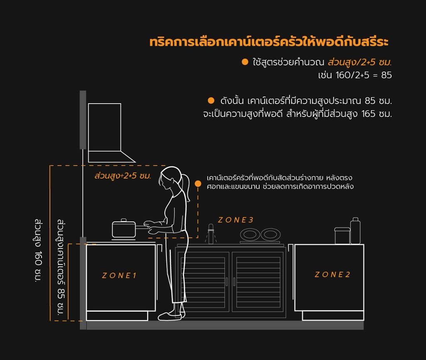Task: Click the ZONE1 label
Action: point(119,276)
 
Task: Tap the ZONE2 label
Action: point(332,275)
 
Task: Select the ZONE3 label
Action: point(235,220)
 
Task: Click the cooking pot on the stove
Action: point(124,229)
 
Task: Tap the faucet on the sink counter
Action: point(211,233)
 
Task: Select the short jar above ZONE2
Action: point(342,236)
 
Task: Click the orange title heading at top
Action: point(269,42)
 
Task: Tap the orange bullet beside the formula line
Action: point(245,62)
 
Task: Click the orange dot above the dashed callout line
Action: point(198,184)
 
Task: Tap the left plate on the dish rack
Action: point(250,234)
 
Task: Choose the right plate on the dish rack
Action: point(270,234)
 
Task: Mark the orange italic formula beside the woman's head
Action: point(123,176)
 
